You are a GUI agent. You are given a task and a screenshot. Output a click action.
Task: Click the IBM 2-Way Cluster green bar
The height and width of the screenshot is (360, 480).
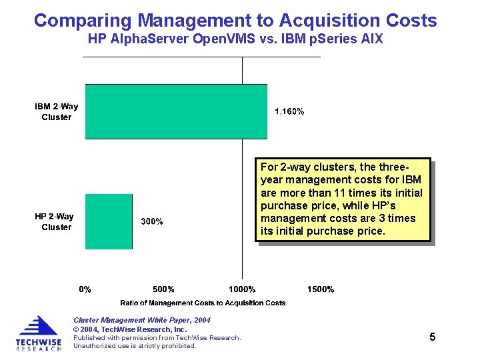point(176,111)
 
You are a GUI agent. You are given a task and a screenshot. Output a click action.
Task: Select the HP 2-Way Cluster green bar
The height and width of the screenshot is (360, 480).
point(109,221)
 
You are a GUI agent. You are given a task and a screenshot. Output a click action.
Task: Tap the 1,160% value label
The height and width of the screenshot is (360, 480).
point(289,111)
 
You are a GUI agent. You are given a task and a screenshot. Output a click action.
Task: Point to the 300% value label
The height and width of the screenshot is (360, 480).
point(151,221)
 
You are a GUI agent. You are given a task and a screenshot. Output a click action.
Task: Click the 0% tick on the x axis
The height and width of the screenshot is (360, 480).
point(85,289)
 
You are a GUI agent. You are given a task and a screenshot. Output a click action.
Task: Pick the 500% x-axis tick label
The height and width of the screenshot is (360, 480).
point(163,289)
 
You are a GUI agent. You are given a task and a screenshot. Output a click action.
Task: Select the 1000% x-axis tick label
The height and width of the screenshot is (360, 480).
point(242,289)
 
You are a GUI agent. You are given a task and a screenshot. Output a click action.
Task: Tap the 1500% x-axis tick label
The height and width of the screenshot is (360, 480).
point(321,289)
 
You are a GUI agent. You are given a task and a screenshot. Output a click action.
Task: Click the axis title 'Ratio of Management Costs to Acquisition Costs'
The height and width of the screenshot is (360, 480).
point(203,303)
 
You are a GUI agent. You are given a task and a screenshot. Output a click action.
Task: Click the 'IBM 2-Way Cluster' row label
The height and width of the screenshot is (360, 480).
point(57,112)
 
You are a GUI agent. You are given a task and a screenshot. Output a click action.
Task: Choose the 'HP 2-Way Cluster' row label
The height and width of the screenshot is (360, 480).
point(55,221)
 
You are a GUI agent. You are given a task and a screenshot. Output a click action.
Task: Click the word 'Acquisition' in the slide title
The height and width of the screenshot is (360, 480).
point(335,21)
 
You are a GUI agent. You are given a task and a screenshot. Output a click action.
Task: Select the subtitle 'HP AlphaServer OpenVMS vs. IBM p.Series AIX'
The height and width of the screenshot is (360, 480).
point(235,39)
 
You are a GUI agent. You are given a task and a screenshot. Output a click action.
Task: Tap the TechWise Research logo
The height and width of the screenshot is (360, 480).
point(38,333)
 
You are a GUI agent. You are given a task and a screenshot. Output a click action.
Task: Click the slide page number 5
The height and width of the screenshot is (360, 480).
point(433,337)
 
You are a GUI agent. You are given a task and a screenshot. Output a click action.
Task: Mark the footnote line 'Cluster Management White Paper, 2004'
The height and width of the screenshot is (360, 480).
point(141,320)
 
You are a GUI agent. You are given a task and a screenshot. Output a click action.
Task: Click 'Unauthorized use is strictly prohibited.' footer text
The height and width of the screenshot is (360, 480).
point(135,345)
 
